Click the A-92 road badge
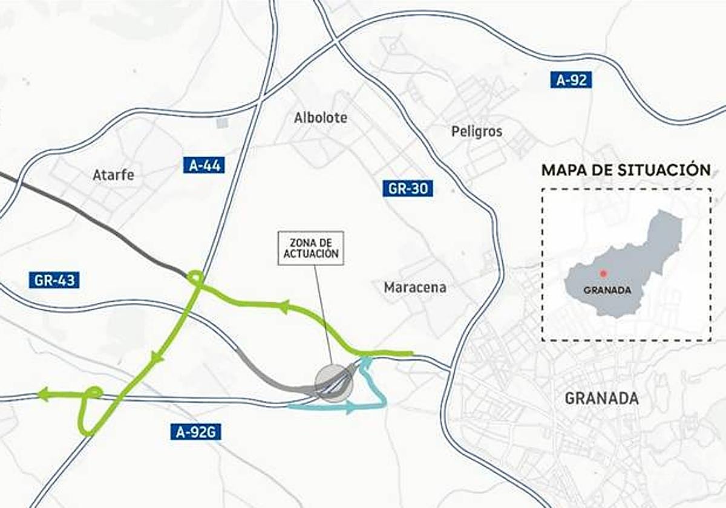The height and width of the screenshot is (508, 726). pyautogui.click(x=571, y=80)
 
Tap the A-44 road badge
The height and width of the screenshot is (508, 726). pyautogui.click(x=203, y=164)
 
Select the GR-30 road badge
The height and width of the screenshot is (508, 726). pyautogui.click(x=408, y=188)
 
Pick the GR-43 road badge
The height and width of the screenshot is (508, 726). pyautogui.click(x=54, y=280)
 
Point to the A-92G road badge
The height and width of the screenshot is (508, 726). pyautogui.click(x=195, y=431)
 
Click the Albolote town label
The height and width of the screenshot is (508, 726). pyautogui.click(x=321, y=117)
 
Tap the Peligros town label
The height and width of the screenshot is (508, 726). pyautogui.click(x=477, y=131)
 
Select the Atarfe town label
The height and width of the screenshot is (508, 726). pyautogui.click(x=113, y=175)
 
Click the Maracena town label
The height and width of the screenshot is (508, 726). pyautogui.click(x=415, y=287)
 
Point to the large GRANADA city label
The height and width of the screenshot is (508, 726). pyautogui.click(x=601, y=398)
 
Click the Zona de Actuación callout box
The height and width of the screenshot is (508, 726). pyautogui.click(x=311, y=248)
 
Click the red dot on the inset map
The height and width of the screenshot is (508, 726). pyautogui.click(x=603, y=274)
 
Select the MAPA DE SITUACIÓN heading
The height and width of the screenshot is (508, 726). pyautogui.click(x=626, y=170)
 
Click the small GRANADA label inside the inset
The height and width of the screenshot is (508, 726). pyautogui.click(x=607, y=290)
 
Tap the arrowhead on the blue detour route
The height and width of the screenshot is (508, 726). pyautogui.click(x=351, y=409)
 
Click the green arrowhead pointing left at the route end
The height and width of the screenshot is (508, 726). pyautogui.click(x=43, y=395)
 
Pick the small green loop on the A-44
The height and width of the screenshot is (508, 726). pyautogui.click(x=195, y=278)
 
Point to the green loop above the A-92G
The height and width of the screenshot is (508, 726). pyautogui.click(x=92, y=393)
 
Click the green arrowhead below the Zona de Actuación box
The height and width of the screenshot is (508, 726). pyautogui.click(x=283, y=307)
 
